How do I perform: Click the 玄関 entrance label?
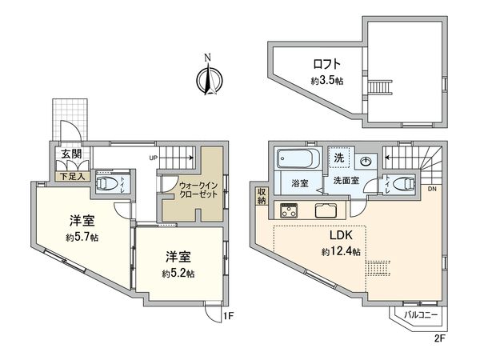(67, 155)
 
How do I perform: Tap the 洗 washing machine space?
(338, 159)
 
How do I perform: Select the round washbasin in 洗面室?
(366, 159)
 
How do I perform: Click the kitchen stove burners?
(288, 212)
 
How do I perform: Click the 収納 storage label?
(262, 197)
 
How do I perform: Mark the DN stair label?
(432, 189)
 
